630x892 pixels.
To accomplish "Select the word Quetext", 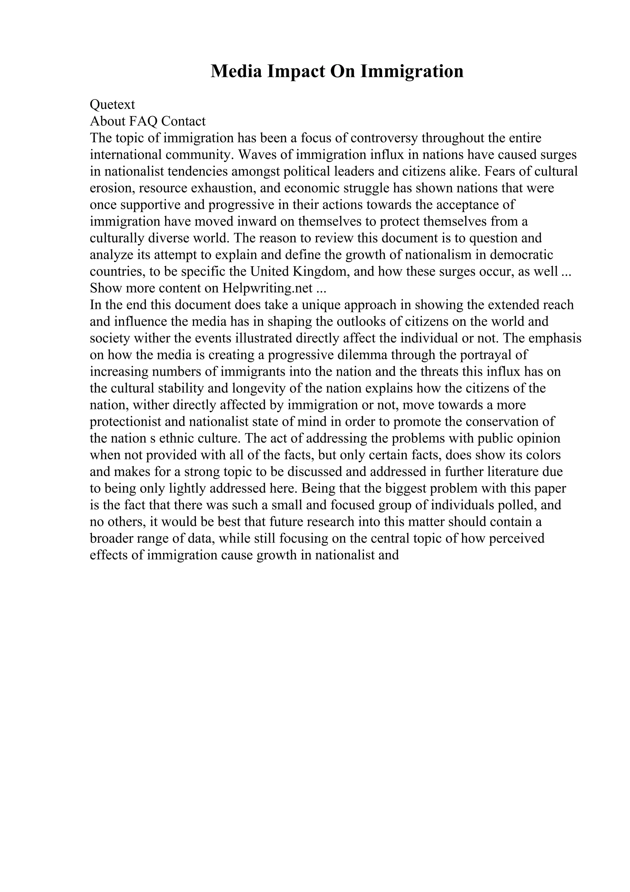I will pos(113,105).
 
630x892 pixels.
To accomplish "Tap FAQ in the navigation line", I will pos(143,121).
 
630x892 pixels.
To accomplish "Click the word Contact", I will pos(183,121).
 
